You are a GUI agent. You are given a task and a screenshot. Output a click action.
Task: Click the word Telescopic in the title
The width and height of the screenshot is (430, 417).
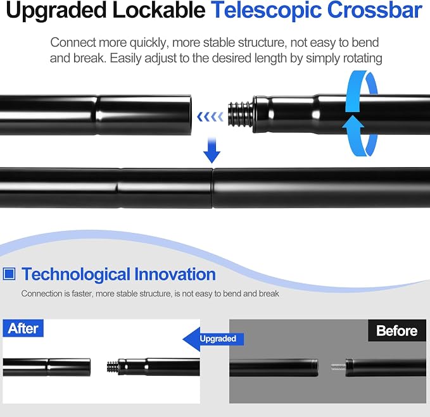coord(266,10)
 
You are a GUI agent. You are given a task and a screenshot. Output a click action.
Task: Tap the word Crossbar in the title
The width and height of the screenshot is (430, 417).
coord(375,10)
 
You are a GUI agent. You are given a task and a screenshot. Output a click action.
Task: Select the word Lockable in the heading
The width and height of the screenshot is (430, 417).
coord(159,10)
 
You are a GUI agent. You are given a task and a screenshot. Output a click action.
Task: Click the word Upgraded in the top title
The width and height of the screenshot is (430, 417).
coord(56,11)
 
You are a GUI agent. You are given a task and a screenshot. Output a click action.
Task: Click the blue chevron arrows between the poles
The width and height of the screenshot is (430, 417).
coord(210,116)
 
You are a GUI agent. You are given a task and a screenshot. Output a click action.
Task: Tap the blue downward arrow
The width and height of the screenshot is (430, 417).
coord(212,149)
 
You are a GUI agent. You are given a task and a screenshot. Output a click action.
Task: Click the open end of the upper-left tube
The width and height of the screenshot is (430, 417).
coord(189,115)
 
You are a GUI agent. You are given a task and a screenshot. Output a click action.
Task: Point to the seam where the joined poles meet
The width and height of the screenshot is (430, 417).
coord(213,188)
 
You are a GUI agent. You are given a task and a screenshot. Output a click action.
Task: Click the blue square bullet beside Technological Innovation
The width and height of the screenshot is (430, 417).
coord(9,274)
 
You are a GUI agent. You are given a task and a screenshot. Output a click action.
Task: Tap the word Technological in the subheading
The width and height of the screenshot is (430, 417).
coord(76,275)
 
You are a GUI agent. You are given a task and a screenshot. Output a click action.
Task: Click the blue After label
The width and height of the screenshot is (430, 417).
coord(23,328)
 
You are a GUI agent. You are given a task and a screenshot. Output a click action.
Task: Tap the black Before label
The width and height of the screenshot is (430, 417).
coord(397,330)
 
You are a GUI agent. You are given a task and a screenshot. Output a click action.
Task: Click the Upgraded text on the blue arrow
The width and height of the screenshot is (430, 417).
coord(218,339)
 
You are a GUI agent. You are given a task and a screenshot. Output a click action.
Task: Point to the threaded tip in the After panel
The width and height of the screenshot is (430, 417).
coord(113,367)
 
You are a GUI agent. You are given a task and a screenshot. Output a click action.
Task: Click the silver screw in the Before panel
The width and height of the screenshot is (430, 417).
coord(338,367)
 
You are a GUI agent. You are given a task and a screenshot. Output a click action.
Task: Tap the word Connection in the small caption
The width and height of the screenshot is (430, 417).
coord(42,294)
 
